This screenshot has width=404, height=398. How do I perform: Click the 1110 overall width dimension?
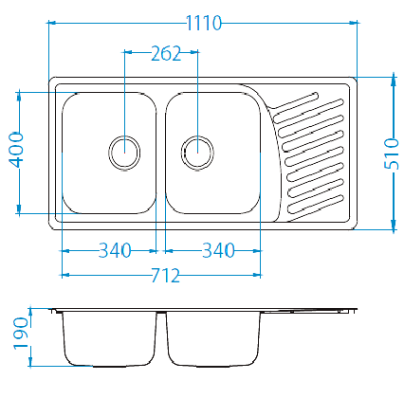[204, 23]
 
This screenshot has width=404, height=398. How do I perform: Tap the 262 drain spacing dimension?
[166, 53]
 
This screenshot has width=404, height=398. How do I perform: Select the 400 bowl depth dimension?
[16, 150]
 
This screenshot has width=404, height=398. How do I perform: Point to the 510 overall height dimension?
[392, 154]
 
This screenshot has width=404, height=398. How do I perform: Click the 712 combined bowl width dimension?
[166, 275]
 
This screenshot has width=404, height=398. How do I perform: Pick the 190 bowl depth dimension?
[21, 334]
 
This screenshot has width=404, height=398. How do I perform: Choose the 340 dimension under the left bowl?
[115, 250]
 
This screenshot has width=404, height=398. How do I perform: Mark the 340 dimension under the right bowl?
[218, 250]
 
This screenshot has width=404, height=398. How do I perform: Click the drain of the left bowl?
[124, 153]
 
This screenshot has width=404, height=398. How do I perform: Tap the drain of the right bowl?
[197, 153]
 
